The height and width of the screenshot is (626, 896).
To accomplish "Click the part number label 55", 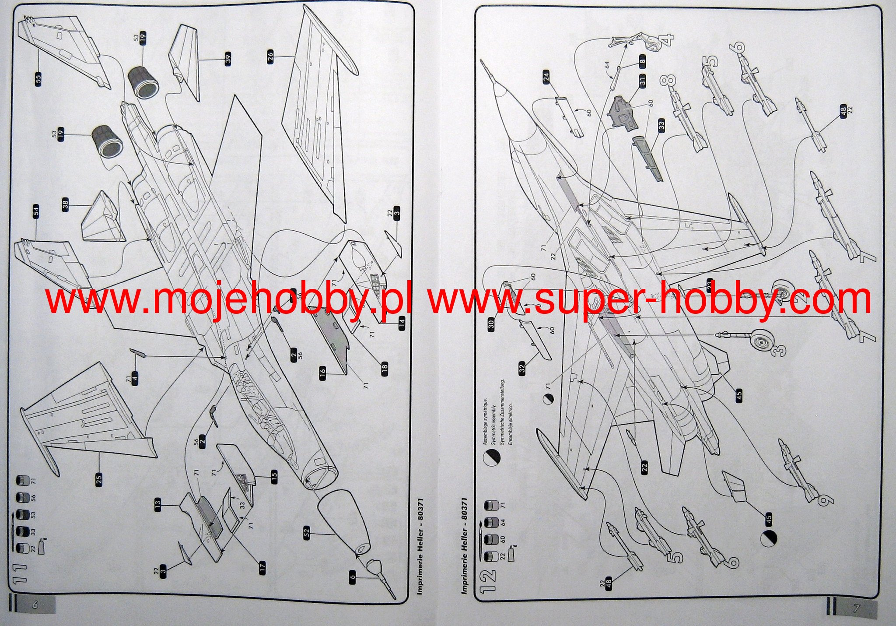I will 38,79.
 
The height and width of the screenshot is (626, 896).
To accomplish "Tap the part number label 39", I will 228,59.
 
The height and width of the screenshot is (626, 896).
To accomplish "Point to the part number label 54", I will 36,211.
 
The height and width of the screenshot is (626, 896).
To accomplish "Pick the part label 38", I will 66,205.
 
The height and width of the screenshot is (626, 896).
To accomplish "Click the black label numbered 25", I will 99,479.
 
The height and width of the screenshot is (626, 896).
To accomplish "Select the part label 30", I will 491,324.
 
